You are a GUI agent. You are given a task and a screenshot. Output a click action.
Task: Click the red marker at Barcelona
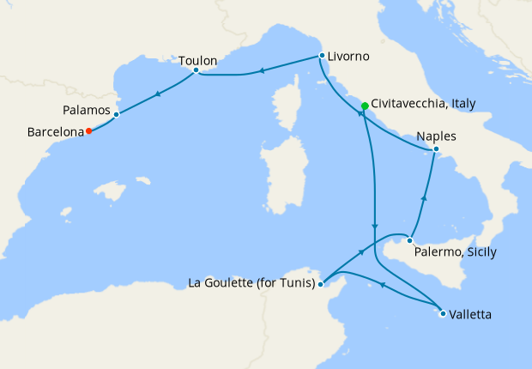89,131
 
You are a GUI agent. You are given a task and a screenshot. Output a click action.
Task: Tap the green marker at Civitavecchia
365,106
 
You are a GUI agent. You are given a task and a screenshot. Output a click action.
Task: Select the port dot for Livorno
322,56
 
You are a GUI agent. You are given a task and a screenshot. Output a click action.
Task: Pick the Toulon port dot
196,70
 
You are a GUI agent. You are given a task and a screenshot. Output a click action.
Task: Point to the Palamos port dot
116,113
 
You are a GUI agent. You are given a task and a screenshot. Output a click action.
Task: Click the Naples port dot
436,150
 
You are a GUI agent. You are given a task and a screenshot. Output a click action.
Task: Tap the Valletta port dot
443,314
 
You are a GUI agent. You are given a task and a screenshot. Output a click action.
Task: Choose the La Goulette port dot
320,282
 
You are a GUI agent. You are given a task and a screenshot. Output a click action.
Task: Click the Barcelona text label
55,132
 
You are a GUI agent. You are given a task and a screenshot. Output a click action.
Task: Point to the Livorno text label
348,57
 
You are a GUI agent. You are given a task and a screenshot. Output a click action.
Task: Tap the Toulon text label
198,61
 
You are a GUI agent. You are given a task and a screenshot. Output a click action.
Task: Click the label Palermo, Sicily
456,252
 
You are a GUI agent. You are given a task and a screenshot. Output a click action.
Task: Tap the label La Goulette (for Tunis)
251,282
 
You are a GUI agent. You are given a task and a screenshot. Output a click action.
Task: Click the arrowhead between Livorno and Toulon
261,70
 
